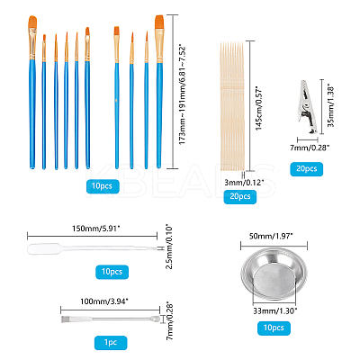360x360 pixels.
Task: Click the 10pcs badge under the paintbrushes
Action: (x=103, y=186)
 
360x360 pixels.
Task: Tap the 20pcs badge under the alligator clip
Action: (x=307, y=169)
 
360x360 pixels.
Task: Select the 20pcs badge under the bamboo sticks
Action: (x=240, y=197)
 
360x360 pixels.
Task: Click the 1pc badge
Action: (x=111, y=343)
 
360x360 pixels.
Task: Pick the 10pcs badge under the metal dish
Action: (x=274, y=328)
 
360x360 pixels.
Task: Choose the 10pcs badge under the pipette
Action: (x=112, y=272)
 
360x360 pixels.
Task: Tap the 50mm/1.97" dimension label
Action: (x=271, y=236)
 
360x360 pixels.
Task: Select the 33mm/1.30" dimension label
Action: (x=275, y=310)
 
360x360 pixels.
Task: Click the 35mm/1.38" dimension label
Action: (x=330, y=103)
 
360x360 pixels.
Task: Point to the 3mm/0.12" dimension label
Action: (x=244, y=182)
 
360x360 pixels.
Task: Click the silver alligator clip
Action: (x=308, y=106)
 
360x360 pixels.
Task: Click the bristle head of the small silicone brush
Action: (x=66, y=319)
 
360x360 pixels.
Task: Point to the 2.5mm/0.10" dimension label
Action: (x=170, y=247)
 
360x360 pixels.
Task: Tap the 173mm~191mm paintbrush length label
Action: (x=182, y=94)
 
